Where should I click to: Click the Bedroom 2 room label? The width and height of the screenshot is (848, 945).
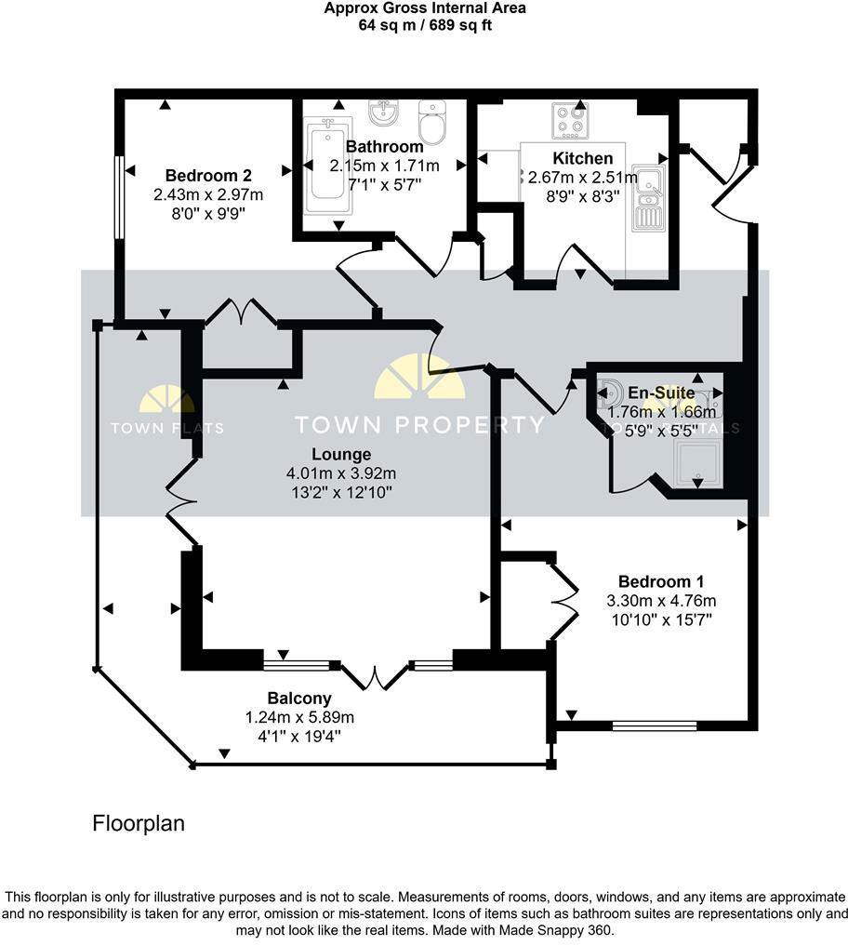pyautogui.click(x=208, y=175)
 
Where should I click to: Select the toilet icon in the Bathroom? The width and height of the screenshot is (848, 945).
pyautogui.click(x=432, y=120)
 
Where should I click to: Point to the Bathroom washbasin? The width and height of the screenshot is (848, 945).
pyautogui.click(x=383, y=113)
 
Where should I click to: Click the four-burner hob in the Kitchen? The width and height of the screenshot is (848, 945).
pyautogui.click(x=569, y=120)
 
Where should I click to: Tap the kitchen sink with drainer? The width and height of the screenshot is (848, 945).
pyautogui.click(x=645, y=196)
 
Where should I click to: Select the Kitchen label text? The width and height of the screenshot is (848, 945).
pyautogui.click(x=583, y=158)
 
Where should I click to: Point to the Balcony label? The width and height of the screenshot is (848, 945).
pyautogui.click(x=299, y=698)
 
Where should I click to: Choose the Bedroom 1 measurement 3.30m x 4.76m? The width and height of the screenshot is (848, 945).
pyautogui.click(x=661, y=600)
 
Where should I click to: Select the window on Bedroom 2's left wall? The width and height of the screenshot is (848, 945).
pyautogui.click(x=118, y=197)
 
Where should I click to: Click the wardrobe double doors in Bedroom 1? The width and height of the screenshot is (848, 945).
pyautogui.click(x=563, y=601)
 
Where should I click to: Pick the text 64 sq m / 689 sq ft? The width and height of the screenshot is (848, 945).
pyautogui.click(x=425, y=25)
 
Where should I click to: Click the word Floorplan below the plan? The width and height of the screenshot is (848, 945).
pyautogui.click(x=139, y=823)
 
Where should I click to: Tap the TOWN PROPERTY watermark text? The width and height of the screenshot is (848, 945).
pyautogui.click(x=419, y=425)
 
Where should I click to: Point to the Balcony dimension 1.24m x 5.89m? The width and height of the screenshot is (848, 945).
pyautogui.click(x=299, y=717)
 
